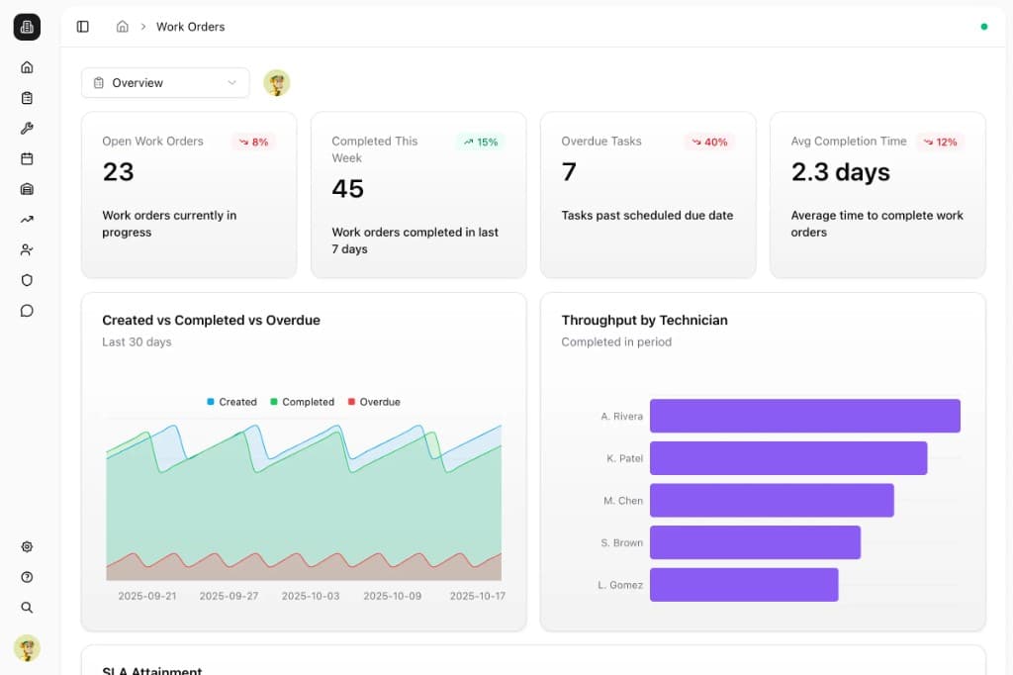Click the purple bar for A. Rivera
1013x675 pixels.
tap(805, 416)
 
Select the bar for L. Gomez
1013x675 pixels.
tap(744, 585)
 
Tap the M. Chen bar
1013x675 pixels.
tap(772, 501)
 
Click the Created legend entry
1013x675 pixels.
tap(231, 402)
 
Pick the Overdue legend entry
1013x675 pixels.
tap(374, 402)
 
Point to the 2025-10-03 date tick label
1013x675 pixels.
tap(310, 596)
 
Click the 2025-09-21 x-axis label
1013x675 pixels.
tap(146, 596)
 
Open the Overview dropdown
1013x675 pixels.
tap(165, 83)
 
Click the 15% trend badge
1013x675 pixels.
tap(481, 143)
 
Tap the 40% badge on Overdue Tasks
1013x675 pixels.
tap(709, 143)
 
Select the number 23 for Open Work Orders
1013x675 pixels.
tap(119, 172)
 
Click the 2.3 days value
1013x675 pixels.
tap(841, 172)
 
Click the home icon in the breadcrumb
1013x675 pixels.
tap(122, 27)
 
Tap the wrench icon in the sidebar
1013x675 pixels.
tap(27, 128)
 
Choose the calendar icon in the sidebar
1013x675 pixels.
tap(27, 158)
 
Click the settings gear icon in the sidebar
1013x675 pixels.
tap(27, 546)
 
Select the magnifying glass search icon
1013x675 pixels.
tap(27, 607)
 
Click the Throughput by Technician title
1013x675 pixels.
tap(644, 320)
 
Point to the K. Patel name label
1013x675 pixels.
tap(625, 458)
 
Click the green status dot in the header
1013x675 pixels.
tap(984, 27)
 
